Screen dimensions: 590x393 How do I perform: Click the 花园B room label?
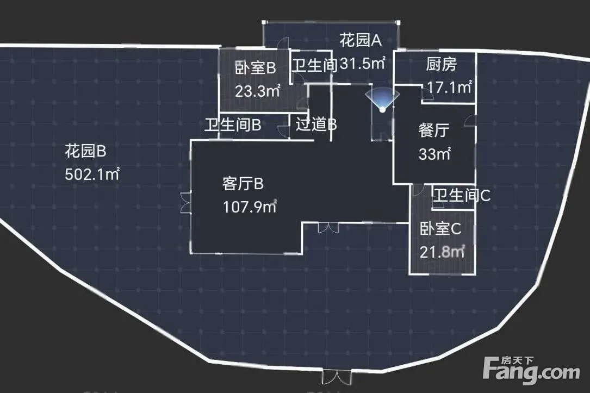[x=85, y=151]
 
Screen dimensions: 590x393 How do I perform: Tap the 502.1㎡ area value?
[x=92, y=174]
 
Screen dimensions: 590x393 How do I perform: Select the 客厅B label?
[x=243, y=184]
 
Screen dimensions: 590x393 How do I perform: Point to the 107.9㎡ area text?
[x=250, y=207]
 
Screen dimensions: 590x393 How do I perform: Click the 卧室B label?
[x=256, y=68]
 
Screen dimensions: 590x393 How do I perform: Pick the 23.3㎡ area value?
[x=258, y=91]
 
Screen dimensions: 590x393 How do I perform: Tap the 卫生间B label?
[x=233, y=124]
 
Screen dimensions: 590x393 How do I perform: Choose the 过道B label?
[x=316, y=124]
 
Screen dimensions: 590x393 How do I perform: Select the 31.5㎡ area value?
[x=363, y=63]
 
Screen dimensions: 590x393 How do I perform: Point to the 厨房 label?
[x=442, y=64]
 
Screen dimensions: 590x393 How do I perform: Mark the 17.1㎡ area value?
[x=450, y=88]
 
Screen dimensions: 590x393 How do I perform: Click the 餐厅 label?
[x=434, y=130]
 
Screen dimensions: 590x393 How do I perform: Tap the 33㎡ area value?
[x=434, y=154]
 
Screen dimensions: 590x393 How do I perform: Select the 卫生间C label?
[x=462, y=195]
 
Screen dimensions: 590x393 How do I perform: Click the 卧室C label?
[x=440, y=229]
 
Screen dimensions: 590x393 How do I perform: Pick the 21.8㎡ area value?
[x=442, y=252]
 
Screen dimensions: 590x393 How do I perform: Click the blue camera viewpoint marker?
[x=382, y=100]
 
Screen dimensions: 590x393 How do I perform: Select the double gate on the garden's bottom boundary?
[x=337, y=377]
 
